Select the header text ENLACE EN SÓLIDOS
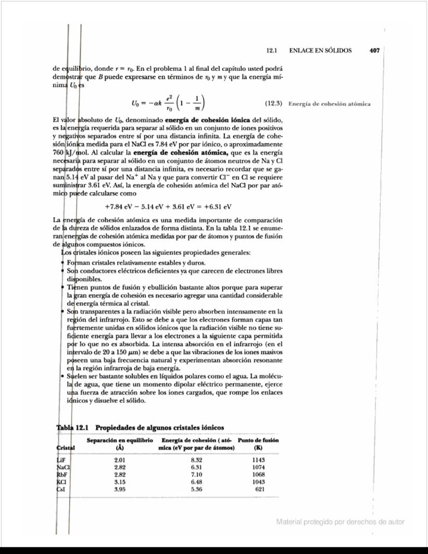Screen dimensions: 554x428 pos(320,51)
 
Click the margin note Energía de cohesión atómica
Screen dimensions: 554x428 pos(329,103)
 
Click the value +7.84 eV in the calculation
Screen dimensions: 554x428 pos(119,206)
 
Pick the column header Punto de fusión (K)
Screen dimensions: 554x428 pos(258,444)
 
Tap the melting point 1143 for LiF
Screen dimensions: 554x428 pos(258,460)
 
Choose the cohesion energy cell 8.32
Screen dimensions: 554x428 pos(196,460)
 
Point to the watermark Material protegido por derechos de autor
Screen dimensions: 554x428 pos(340,522)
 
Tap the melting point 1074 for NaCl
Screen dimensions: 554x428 pos(258,467)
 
